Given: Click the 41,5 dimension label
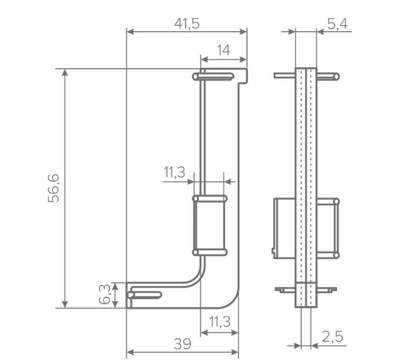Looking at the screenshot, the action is pos(187,24).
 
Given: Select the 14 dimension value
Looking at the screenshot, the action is pos(223,50).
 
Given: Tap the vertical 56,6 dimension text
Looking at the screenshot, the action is pos(54,188).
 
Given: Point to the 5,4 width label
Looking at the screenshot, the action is pos(337,24).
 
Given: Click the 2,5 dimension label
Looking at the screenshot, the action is pos(332,336).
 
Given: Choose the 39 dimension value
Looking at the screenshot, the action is pos(182,344).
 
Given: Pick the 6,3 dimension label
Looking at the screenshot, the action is pos(105,294).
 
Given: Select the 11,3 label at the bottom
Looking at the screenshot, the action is pos(220,322).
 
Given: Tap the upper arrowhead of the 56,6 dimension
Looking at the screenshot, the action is pos(65,73).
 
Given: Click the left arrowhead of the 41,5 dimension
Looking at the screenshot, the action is pos(130,32).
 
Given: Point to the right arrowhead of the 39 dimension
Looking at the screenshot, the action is pos(235,352).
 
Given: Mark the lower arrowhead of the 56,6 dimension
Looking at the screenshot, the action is pos(65,304).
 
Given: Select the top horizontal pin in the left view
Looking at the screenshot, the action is pos(213,76).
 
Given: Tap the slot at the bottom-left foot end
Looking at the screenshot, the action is pos(144,295).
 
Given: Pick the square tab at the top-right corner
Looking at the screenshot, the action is pos(242,76).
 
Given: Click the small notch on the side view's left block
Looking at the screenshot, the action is pos(273,250).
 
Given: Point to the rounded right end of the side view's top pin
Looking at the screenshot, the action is pos(337,76).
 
